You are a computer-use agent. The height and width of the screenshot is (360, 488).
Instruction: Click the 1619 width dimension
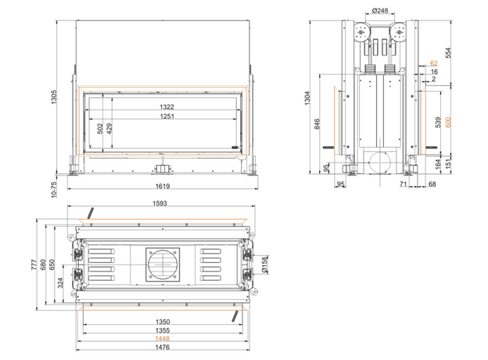coord(163,186)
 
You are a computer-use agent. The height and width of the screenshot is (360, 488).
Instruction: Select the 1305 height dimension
coord(54,97)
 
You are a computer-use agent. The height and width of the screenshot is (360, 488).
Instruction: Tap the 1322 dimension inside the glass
coord(167,106)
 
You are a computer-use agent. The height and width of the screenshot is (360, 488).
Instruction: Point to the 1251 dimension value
coord(167,116)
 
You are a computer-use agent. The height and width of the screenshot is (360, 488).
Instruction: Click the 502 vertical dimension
coord(100,128)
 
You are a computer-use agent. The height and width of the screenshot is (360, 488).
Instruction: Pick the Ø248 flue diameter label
coord(380,11)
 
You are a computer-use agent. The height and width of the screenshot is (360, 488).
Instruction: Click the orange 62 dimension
coord(434,63)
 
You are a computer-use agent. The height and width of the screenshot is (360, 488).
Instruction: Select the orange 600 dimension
coord(448,122)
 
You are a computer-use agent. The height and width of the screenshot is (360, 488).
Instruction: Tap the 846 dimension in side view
coord(317,124)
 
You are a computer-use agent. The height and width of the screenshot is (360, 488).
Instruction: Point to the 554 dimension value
coord(448,52)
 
